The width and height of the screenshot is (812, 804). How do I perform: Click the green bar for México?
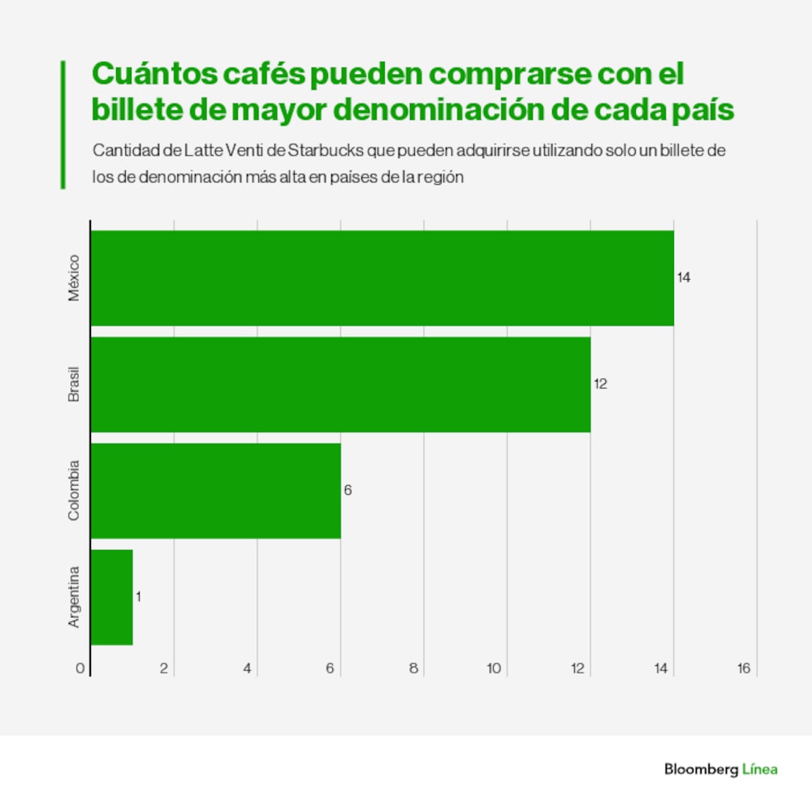point(382,278)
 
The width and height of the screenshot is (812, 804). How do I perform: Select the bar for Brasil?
point(340,385)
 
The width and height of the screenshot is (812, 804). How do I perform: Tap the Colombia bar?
point(215,491)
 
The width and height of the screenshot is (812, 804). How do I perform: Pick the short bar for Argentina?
point(111,597)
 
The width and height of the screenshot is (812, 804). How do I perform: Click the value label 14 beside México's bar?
point(684,278)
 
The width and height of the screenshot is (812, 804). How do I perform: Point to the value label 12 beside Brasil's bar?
point(600,385)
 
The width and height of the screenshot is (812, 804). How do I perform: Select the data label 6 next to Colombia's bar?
point(348,491)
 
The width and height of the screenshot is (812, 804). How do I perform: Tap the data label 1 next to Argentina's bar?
point(138,597)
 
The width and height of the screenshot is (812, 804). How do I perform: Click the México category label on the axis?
point(74,278)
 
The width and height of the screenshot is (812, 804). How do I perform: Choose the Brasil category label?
point(74,385)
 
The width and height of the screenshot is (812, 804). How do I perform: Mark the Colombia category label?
point(74,491)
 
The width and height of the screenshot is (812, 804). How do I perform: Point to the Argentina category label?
point(74,597)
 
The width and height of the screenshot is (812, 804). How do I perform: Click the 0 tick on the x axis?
point(80,669)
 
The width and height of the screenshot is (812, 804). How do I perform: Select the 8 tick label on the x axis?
point(413,669)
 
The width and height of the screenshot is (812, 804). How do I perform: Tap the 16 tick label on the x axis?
point(743,669)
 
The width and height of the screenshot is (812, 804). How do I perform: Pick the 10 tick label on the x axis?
point(494,669)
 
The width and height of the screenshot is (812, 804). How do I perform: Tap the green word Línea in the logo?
point(759,769)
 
